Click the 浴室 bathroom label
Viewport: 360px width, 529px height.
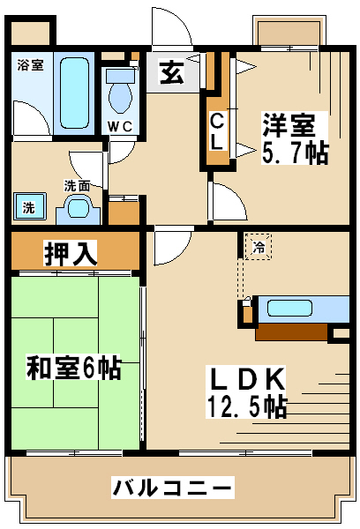point(30,64)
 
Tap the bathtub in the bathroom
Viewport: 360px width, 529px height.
point(74,93)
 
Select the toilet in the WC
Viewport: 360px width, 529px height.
point(120,91)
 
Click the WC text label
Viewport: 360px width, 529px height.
point(120,126)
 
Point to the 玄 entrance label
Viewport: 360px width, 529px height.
point(172,72)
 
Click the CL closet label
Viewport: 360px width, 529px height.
point(216,131)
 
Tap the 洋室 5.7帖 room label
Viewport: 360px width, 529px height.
point(295,138)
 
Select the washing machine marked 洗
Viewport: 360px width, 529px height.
point(29,206)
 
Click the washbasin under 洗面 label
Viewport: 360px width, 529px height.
point(79,210)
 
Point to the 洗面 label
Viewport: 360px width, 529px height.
point(77,185)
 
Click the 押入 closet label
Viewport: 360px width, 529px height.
point(71,253)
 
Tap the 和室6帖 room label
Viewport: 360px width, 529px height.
point(73,367)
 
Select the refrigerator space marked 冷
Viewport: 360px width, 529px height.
point(259,247)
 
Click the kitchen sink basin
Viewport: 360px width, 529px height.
point(289,308)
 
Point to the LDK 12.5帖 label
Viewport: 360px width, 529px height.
point(246,392)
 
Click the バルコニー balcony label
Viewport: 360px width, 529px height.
point(173,488)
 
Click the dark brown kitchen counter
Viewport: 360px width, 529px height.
point(291,332)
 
